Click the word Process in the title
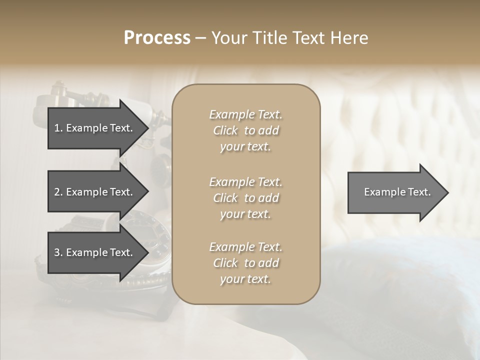pos(157,38)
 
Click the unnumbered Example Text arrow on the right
pos(397,192)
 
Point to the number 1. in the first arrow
pos(58,128)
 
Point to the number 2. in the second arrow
pos(58,192)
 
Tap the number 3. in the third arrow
pos(58,252)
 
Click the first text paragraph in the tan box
pos(245,130)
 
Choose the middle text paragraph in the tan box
pos(245,198)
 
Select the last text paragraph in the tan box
pos(245,263)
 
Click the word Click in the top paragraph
pos(225,130)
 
